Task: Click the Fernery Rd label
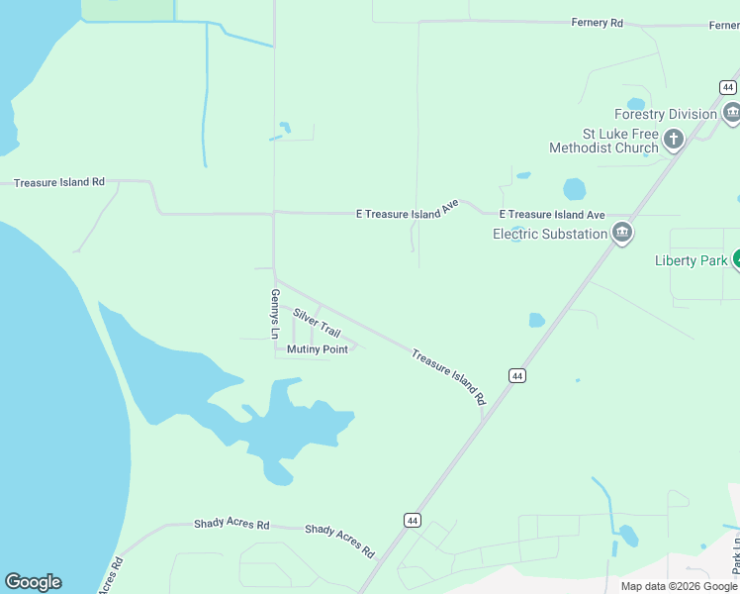pyautogui.click(x=598, y=23)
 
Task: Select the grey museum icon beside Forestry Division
pyautogui.click(x=732, y=114)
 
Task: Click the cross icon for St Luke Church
pyautogui.click(x=674, y=139)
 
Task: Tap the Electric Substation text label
pyautogui.click(x=550, y=234)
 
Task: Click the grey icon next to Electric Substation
pyautogui.click(x=622, y=234)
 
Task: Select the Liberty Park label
pyautogui.click(x=692, y=261)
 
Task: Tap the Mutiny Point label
pyautogui.click(x=317, y=349)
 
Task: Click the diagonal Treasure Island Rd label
pyautogui.click(x=448, y=376)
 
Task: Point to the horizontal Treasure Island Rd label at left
pyautogui.click(x=59, y=182)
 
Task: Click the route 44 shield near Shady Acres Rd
pyautogui.click(x=413, y=520)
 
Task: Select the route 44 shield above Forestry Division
pyautogui.click(x=727, y=88)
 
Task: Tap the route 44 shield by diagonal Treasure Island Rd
pyautogui.click(x=516, y=375)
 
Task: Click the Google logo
pyautogui.click(x=33, y=582)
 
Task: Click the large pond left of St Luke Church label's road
pyautogui.click(x=574, y=188)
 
